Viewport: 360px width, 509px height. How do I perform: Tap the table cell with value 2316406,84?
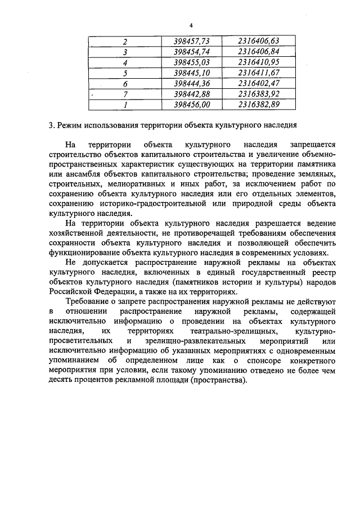tap(258, 52)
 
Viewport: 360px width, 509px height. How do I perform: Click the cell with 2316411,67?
tap(258, 73)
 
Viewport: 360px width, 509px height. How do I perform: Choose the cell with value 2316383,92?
tap(258, 93)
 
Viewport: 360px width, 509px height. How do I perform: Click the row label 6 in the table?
tap(125, 83)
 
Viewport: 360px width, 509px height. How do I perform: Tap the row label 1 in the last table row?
tap(125, 104)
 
